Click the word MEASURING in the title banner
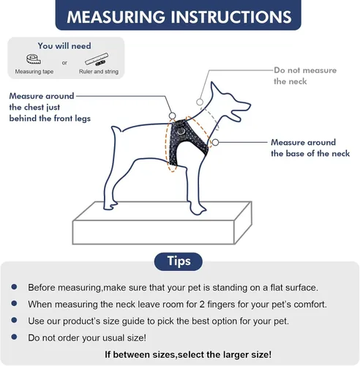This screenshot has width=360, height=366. (x=116, y=17)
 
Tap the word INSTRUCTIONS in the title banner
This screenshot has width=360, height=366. (x=230, y=17)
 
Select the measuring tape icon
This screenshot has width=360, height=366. (x=34, y=59)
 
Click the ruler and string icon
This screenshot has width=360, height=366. (x=97, y=59)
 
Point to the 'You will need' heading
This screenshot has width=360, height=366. (x=64, y=45)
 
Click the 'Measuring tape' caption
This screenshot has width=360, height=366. (x=34, y=72)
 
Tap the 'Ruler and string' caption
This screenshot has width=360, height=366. (x=99, y=72)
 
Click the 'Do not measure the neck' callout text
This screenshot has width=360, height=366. (x=305, y=75)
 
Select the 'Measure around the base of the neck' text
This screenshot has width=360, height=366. (x=310, y=148)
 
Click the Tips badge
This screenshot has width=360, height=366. (x=179, y=261)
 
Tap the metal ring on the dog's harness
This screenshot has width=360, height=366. (x=181, y=132)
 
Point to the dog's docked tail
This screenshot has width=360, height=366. (x=116, y=130)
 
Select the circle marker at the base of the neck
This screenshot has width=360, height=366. (x=215, y=143)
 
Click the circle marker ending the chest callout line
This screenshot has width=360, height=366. (x=172, y=116)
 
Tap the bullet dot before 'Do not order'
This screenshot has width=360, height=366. (x=14, y=337)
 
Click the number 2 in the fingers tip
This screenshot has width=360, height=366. (x=202, y=305)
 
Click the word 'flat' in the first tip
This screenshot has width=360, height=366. (x=277, y=288)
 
